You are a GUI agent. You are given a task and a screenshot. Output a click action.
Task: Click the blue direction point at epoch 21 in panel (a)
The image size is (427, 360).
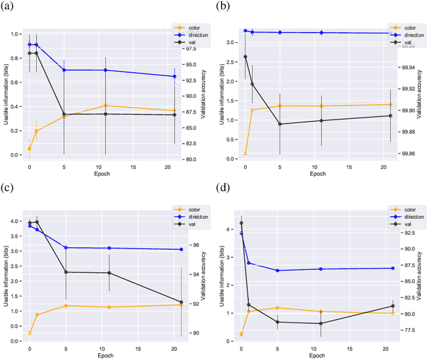click(175, 76)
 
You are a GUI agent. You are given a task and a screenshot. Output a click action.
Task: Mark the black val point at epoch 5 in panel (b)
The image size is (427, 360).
click(280, 124)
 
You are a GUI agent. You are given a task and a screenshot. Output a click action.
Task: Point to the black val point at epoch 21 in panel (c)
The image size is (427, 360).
click(181, 301)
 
